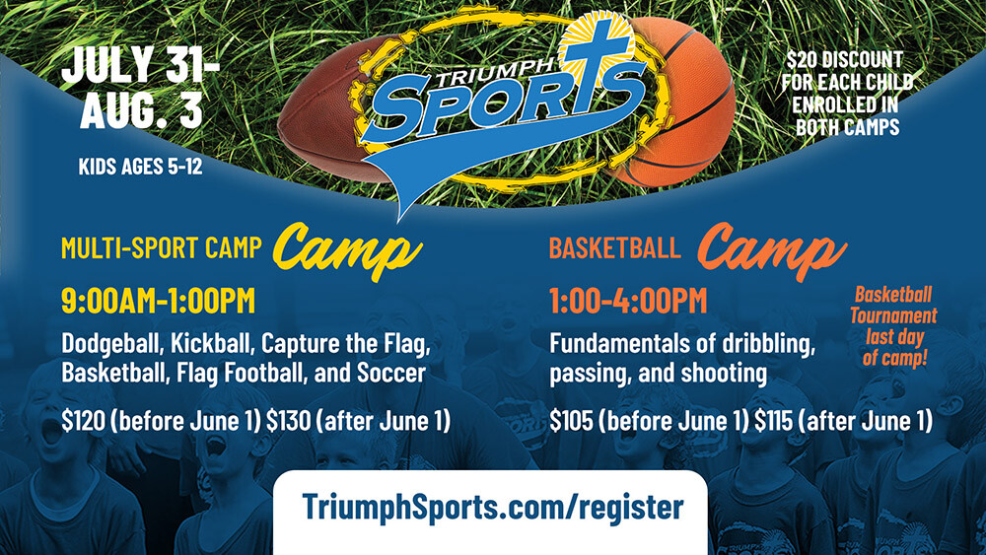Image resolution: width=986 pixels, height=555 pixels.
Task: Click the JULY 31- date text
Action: [140, 64]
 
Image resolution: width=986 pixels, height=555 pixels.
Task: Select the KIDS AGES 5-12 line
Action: [140, 166]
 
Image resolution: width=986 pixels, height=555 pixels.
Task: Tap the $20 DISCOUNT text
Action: [845, 60]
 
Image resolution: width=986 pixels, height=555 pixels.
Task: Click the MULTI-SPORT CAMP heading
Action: [162, 247]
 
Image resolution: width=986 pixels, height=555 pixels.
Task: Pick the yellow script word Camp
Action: [347, 250]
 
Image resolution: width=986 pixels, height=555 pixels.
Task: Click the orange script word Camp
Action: [772, 250]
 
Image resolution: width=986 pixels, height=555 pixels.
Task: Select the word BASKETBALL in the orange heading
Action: [614, 247]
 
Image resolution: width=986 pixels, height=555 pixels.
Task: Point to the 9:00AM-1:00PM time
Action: [159, 301]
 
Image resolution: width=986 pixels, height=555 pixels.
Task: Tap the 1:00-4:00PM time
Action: [628, 301]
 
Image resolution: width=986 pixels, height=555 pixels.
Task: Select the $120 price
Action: [83, 421]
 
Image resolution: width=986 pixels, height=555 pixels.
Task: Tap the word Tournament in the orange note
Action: [893, 315]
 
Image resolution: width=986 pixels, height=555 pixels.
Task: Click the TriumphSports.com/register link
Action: [492, 506]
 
